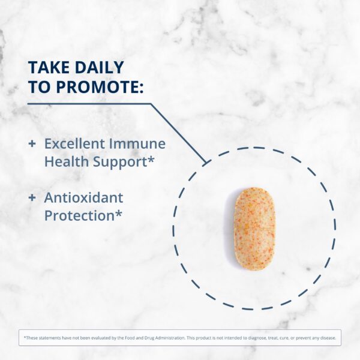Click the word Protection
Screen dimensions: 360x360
(x=79, y=215)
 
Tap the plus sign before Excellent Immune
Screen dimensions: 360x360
(x=32, y=144)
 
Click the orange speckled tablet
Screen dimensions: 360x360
(x=254, y=229)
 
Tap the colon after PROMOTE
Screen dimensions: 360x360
(x=141, y=87)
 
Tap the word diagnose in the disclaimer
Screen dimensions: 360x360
(x=274, y=338)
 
